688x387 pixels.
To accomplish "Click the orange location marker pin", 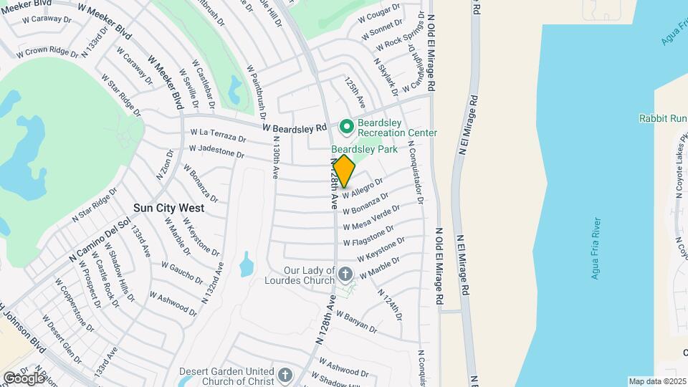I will (344, 171).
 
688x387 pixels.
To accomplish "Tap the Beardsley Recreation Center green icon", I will (347, 127).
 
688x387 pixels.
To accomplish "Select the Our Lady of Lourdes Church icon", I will (345, 274).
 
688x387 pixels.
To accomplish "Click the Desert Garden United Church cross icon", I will (285, 376).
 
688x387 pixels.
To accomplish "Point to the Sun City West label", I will (168, 208).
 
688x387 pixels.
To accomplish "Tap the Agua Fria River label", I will (596, 249).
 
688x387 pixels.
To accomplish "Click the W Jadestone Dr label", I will (216, 150).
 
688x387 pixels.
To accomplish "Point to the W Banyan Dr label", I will (355, 322).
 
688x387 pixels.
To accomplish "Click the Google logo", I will (24, 378).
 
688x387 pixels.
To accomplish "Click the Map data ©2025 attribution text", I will (657, 381).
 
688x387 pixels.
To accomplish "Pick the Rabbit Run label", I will (663, 118).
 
